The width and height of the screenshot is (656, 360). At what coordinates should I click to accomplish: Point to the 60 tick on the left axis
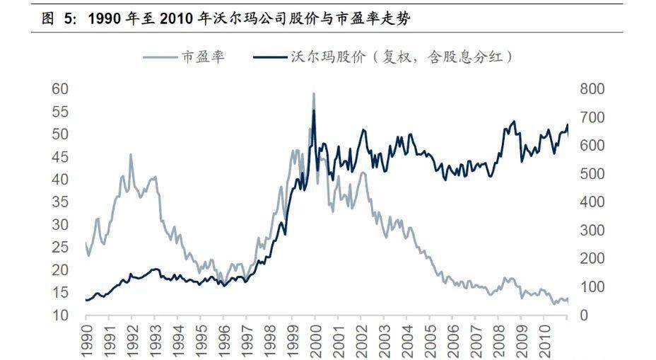point(61,89)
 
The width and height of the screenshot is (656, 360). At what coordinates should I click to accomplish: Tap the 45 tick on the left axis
point(61,157)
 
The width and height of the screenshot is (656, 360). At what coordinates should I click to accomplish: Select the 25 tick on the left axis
point(61,248)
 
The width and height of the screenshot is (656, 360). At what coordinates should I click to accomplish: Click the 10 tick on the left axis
point(61,315)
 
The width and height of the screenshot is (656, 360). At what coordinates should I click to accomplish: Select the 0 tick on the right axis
point(585,315)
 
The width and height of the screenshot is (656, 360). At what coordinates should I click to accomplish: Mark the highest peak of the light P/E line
point(313,93)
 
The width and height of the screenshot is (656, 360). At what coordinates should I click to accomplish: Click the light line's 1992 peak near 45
point(131,154)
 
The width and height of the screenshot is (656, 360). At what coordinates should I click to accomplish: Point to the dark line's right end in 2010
point(568,126)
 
